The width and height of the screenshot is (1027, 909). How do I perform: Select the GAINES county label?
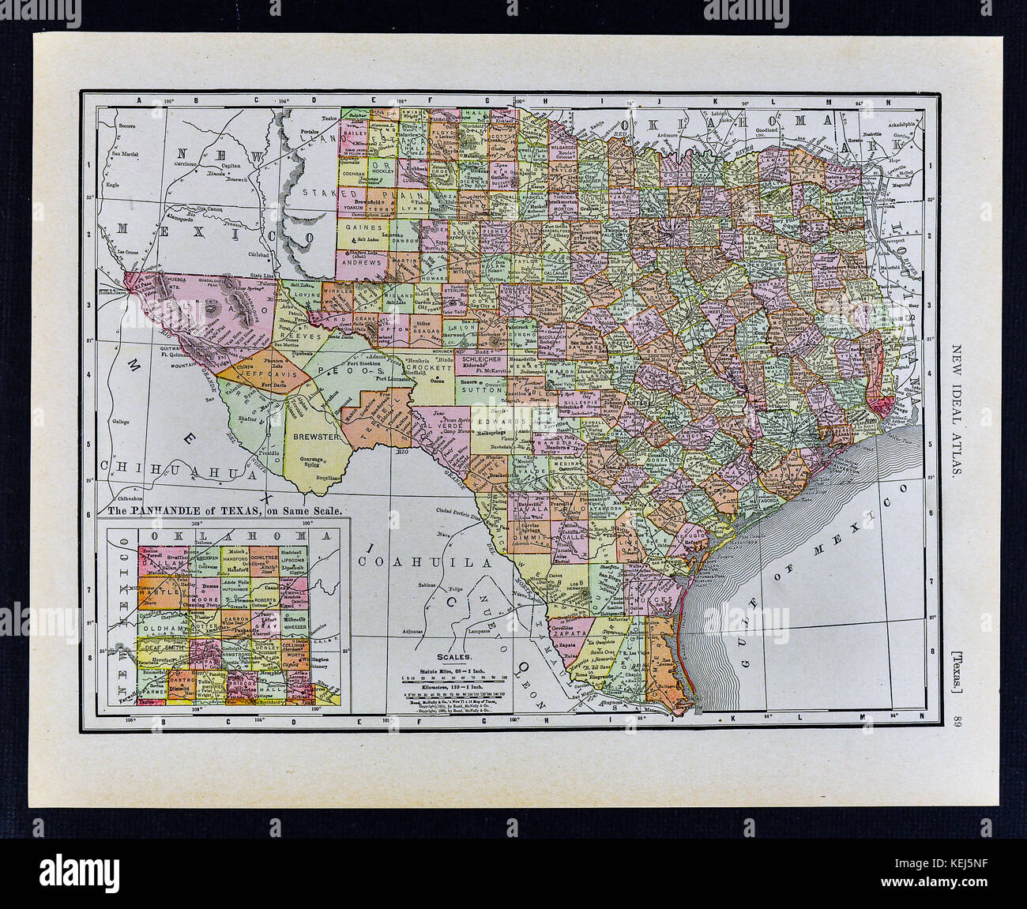[x=359, y=225]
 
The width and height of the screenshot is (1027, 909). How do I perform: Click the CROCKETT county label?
[x=428, y=366]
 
